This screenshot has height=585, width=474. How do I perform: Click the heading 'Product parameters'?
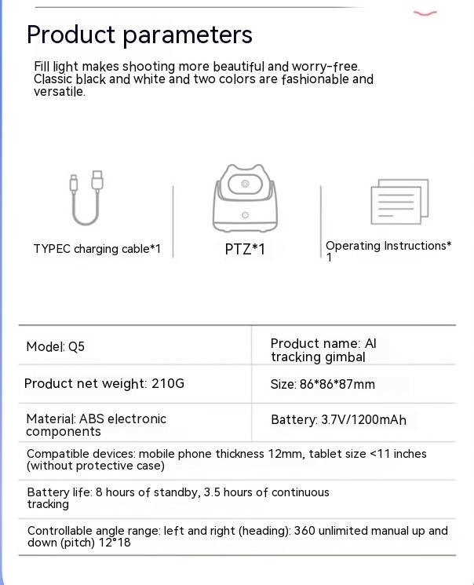(140, 35)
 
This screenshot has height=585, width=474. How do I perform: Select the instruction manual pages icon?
(400, 202)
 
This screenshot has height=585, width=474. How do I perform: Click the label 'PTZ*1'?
(245, 250)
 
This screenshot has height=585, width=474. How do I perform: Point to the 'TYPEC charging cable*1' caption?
(97, 249)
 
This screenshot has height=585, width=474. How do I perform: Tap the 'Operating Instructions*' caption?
(388, 247)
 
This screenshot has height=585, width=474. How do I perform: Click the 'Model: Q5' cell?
(55, 346)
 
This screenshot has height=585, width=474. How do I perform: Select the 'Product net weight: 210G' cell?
(104, 384)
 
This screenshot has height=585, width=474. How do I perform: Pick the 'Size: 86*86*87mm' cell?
(323, 385)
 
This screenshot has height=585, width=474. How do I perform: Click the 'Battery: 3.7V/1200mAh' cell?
(338, 420)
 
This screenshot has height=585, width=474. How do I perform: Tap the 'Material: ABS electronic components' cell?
(96, 425)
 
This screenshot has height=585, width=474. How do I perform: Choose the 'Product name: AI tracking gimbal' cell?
(323, 350)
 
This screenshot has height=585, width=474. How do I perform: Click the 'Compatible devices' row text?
(226, 459)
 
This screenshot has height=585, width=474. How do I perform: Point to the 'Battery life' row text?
(178, 498)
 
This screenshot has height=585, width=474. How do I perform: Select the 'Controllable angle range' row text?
(237, 536)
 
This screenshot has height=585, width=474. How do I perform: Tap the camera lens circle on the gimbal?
(245, 185)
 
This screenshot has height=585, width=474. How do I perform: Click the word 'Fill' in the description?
(43, 67)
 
